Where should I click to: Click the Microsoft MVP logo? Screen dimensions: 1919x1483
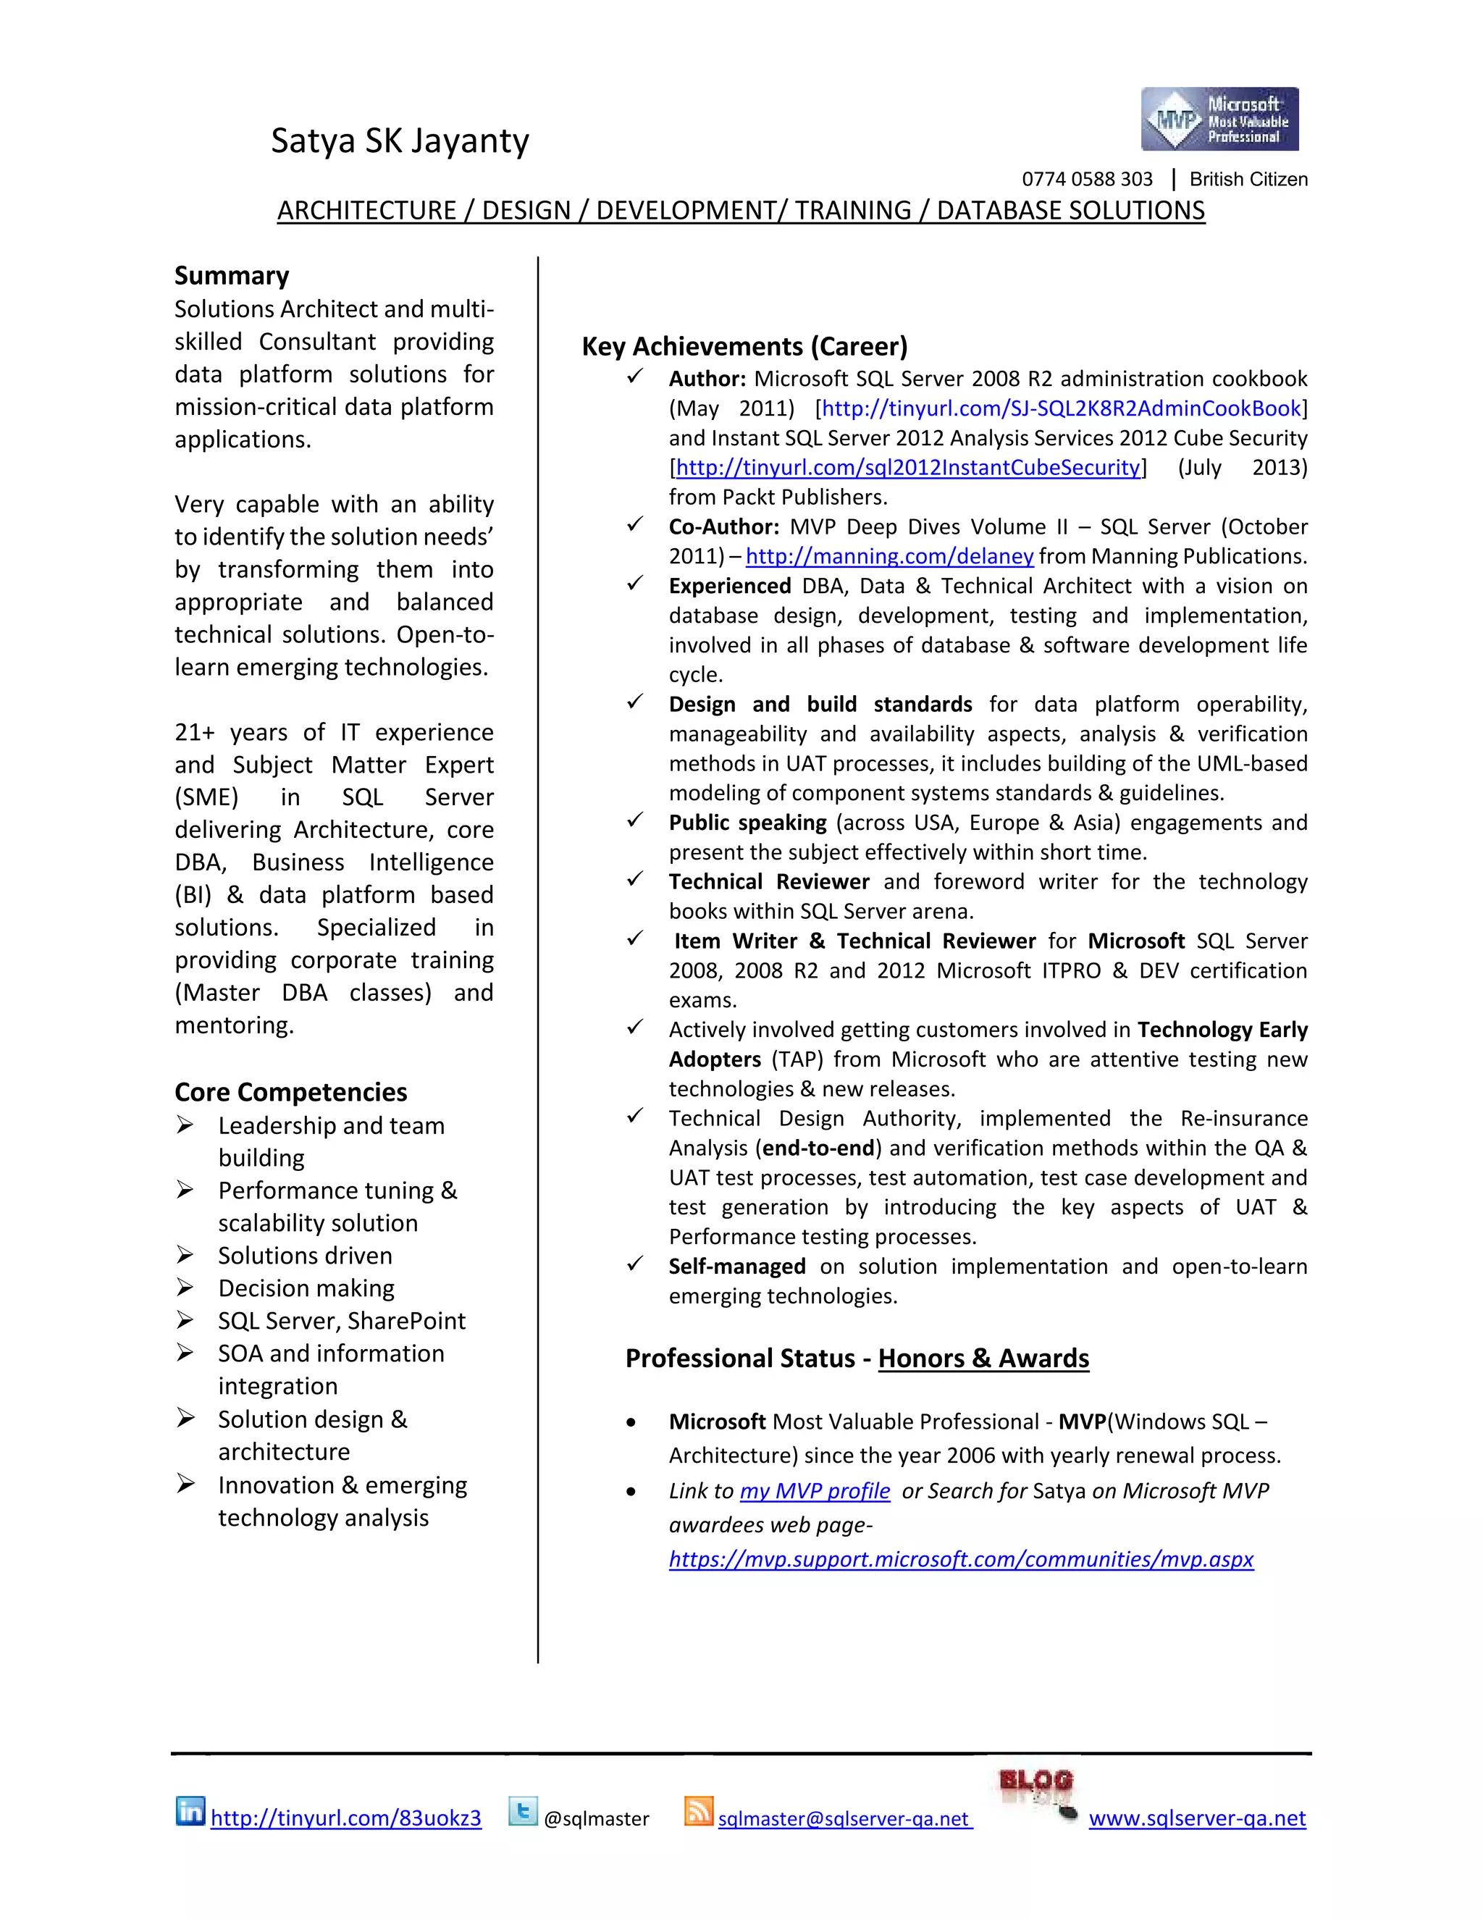[1219, 119]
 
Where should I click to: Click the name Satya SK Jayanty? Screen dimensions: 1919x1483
[400, 140]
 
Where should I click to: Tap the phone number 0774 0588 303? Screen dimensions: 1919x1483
[1086, 180]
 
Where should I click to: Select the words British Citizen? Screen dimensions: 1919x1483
[1248, 180]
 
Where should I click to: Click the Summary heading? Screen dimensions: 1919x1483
[231, 276]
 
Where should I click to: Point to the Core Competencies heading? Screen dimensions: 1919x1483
[291, 1092]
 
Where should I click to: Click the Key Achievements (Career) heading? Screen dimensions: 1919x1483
[744, 346]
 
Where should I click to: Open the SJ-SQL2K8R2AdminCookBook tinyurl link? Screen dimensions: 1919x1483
[1060, 408]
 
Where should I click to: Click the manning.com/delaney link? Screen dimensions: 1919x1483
[889, 556]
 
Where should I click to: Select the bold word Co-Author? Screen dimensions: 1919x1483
[724, 527]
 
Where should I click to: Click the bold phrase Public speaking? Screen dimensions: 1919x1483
[747, 823]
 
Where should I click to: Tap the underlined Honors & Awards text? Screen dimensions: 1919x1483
[983, 1359]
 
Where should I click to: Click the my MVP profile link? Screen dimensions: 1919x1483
[815, 1491]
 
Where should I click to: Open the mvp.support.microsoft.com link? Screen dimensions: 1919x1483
[960, 1560]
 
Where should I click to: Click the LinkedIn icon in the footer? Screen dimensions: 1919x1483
[190, 1811]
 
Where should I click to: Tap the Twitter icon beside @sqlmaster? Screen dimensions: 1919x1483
[523, 1811]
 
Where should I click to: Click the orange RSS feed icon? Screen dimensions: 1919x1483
[699, 1811]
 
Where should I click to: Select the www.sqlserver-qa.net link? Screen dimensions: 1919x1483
[1196, 1818]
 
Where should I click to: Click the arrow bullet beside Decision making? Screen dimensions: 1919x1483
[185, 1288]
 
